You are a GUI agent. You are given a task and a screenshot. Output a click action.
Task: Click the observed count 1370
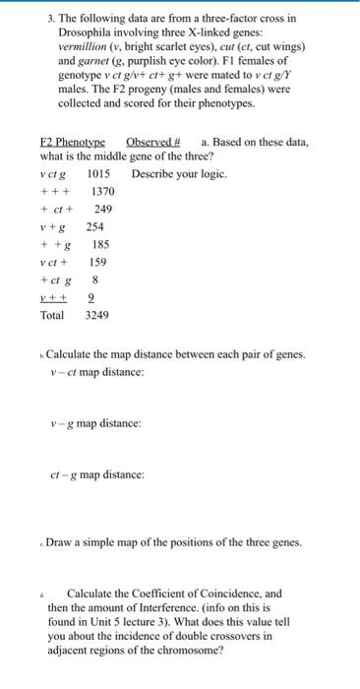(103, 191)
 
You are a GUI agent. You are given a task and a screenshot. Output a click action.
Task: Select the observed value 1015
(102, 173)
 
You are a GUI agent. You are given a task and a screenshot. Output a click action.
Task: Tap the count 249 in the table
(103, 209)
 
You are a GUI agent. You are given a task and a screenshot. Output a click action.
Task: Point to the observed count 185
(100, 244)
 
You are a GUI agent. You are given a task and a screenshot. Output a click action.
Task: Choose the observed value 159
(97, 262)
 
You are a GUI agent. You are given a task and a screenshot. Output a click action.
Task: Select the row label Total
(52, 315)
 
